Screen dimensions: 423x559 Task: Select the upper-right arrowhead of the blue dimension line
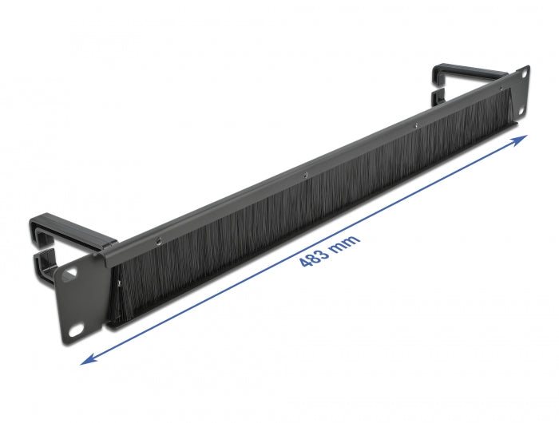coord(522,139)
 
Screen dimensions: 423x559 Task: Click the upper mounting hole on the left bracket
coord(70,271)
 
